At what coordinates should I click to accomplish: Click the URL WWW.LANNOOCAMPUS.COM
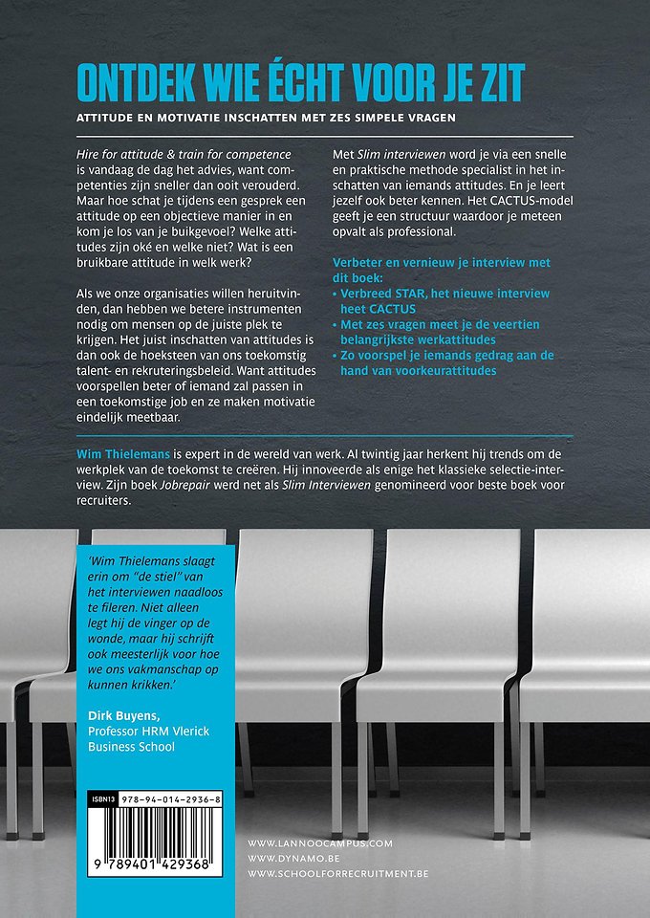[319, 842]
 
